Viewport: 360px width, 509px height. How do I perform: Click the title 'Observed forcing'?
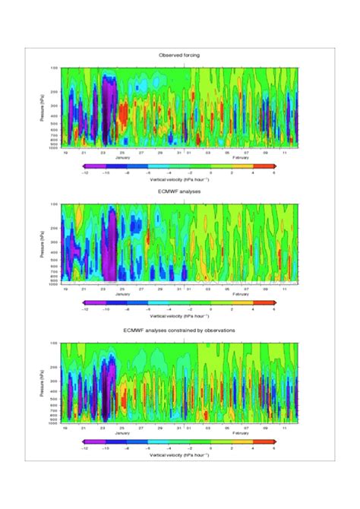tap(180, 55)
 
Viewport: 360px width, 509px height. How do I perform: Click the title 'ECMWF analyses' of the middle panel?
tap(180, 193)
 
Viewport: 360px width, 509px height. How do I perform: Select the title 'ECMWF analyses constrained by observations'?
tap(180, 330)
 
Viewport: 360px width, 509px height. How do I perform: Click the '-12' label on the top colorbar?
tap(90, 172)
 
